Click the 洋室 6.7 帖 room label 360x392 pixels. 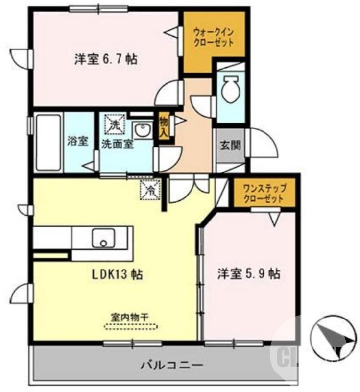point(105,60)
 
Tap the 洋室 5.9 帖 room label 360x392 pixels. point(249,274)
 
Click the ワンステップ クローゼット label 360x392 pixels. point(264,193)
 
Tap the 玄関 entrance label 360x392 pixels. point(230,145)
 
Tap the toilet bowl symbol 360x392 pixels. point(229,90)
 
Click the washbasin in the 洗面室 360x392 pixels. point(143,131)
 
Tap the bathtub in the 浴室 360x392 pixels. point(48,142)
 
